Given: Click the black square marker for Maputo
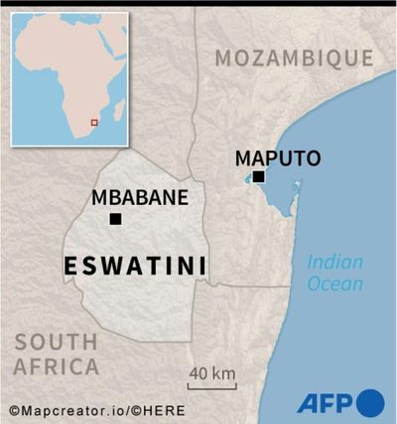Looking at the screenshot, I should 258,177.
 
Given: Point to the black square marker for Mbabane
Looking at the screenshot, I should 115,219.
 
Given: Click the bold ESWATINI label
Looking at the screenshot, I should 135,265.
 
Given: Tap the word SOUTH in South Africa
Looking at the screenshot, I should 57,343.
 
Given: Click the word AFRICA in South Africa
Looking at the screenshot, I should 57,367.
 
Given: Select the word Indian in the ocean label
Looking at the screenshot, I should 334,263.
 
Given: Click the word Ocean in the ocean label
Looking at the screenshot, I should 334,284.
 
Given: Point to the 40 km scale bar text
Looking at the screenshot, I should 210,373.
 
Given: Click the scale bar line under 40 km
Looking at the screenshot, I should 210,387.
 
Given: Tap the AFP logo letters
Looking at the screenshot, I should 325,403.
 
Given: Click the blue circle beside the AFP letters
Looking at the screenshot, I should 370,403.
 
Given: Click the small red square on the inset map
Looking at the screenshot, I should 94,122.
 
